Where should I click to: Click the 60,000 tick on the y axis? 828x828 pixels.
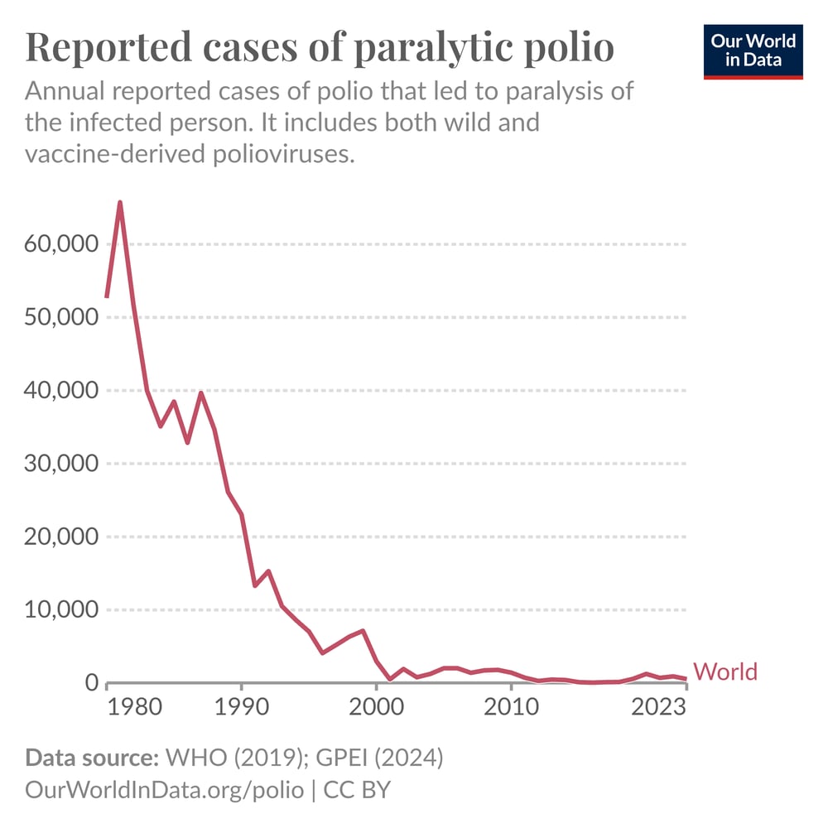click(x=56, y=245)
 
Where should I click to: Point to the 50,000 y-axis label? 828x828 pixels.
click(x=56, y=318)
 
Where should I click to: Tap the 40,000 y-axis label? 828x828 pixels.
click(x=56, y=391)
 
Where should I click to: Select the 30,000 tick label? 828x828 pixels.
click(x=56, y=464)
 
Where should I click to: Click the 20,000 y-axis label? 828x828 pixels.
click(x=56, y=537)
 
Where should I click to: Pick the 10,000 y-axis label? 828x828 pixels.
click(x=56, y=610)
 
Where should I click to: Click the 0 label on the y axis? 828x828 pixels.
click(x=91, y=683)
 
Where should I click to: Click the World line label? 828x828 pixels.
click(x=724, y=672)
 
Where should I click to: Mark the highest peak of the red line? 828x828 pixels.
click(x=120, y=202)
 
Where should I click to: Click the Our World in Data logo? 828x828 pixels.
click(x=753, y=52)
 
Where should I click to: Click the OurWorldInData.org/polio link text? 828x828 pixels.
click(x=165, y=789)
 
